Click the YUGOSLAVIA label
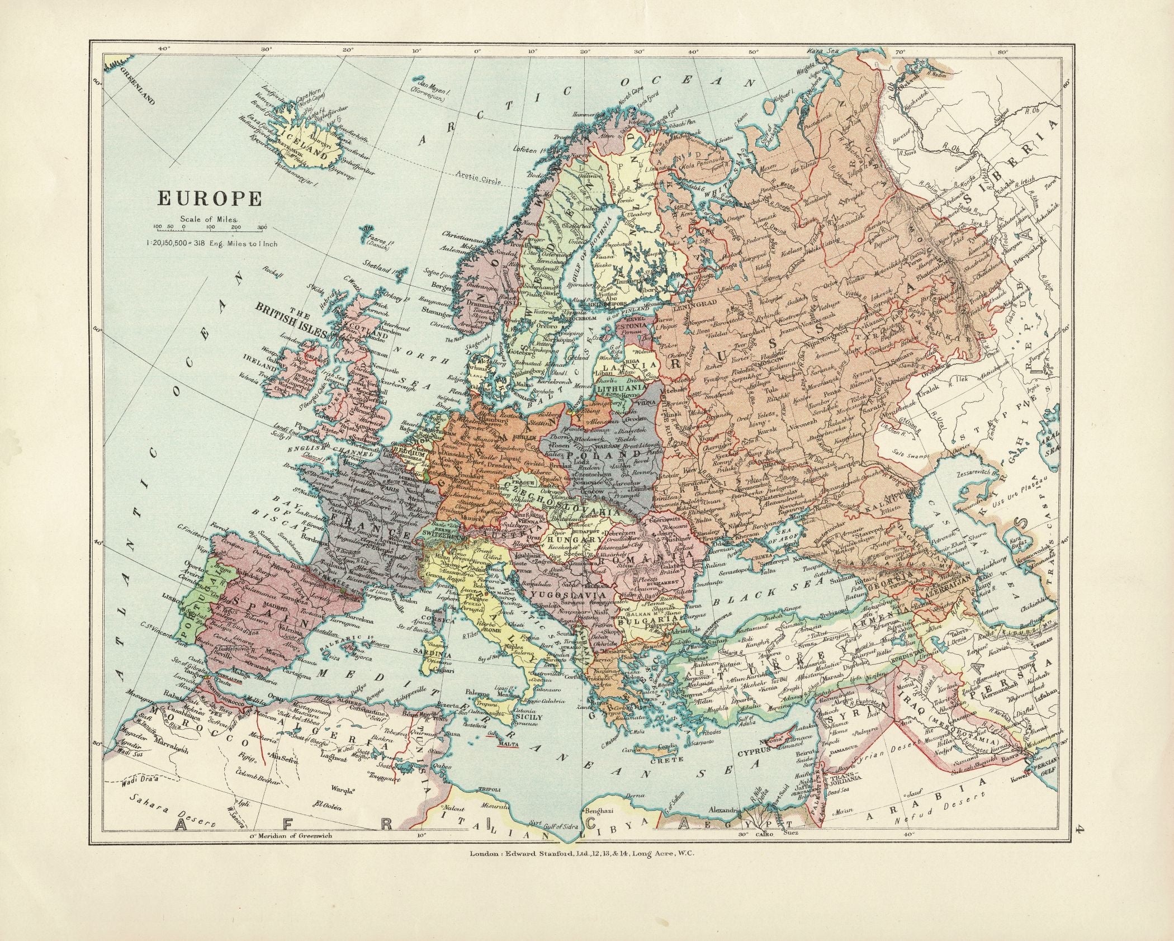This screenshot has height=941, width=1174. click(561, 594)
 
